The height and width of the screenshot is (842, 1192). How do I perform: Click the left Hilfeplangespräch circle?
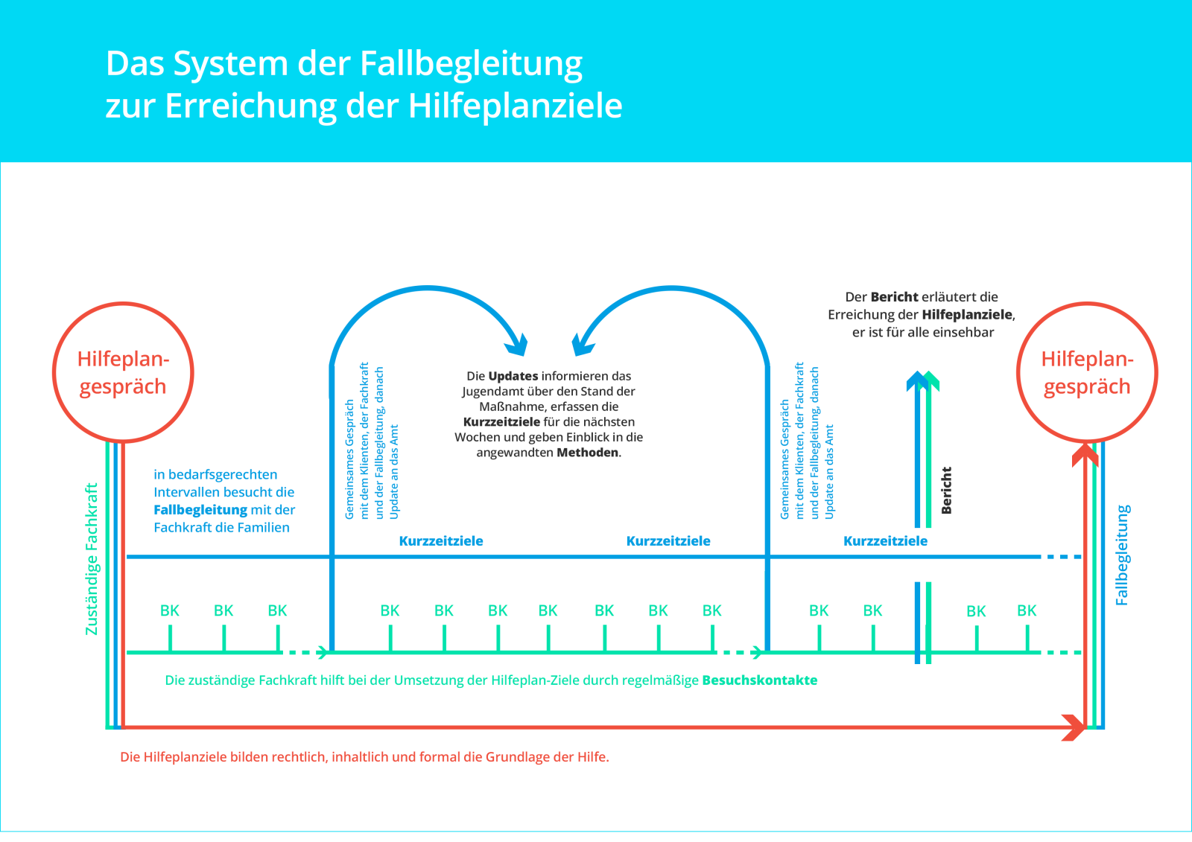[123, 372]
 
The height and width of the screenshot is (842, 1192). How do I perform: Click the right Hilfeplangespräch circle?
[1087, 372]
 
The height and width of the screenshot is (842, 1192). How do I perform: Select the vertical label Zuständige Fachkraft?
[92, 558]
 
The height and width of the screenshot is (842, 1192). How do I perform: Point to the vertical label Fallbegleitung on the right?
[1122, 555]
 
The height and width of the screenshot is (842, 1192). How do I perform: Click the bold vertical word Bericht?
[946, 490]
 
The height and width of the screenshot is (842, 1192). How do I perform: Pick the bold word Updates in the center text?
[513, 376]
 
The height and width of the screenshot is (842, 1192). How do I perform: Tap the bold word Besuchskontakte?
[759, 680]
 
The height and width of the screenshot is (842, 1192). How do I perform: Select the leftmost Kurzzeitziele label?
[441, 541]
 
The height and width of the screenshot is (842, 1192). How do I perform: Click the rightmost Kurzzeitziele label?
[885, 541]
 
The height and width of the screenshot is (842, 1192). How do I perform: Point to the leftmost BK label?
[170, 611]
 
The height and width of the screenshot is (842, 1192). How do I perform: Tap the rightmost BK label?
[1027, 611]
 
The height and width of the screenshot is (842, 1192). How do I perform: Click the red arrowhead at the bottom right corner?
[1074, 727]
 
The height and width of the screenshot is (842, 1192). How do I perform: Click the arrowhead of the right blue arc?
[583, 345]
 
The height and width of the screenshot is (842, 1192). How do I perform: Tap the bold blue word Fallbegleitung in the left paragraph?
[200, 510]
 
